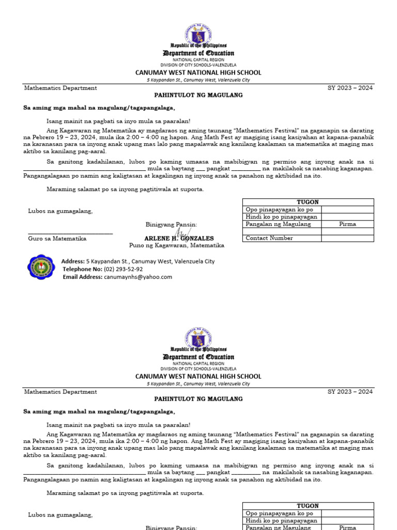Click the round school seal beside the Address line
click(x=40, y=268)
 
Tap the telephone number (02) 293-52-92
click(x=123, y=269)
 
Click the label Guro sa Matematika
click(x=57, y=239)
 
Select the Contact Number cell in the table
click(x=282, y=238)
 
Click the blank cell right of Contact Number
click(x=347, y=238)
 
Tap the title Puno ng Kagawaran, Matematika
click(x=177, y=245)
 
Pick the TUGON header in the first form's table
click(x=308, y=202)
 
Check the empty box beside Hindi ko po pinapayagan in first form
click(x=347, y=217)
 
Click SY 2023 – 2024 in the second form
click(x=350, y=392)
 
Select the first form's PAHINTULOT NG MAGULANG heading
click(x=198, y=95)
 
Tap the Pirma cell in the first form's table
click(x=347, y=224)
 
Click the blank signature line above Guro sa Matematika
click(x=70, y=233)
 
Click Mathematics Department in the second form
click(x=60, y=392)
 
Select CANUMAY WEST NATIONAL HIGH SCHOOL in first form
click(x=198, y=72)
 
